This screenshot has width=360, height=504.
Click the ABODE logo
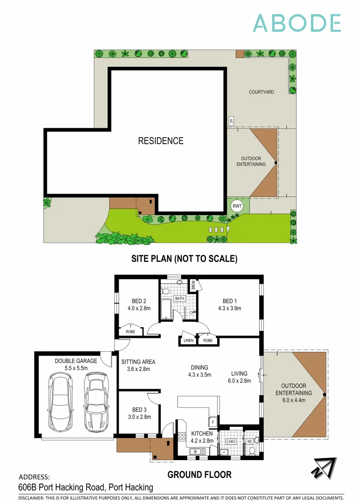point(297,23)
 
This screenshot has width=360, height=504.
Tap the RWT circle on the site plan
point(237,206)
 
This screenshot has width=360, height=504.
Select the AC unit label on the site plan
point(231,121)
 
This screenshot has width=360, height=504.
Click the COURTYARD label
point(261,92)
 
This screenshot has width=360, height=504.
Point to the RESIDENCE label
point(161,140)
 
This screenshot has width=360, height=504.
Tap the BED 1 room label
point(229,304)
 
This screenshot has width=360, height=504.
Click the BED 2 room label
point(139,304)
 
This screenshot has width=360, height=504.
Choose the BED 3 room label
point(139,413)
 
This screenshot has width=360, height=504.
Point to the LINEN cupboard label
point(188,341)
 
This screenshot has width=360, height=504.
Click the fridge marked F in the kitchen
point(212,422)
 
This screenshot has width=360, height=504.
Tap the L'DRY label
point(230,441)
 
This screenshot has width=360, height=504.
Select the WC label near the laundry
point(249,441)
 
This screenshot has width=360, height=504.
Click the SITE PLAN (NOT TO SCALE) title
point(184,259)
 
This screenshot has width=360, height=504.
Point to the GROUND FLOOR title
point(199,475)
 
